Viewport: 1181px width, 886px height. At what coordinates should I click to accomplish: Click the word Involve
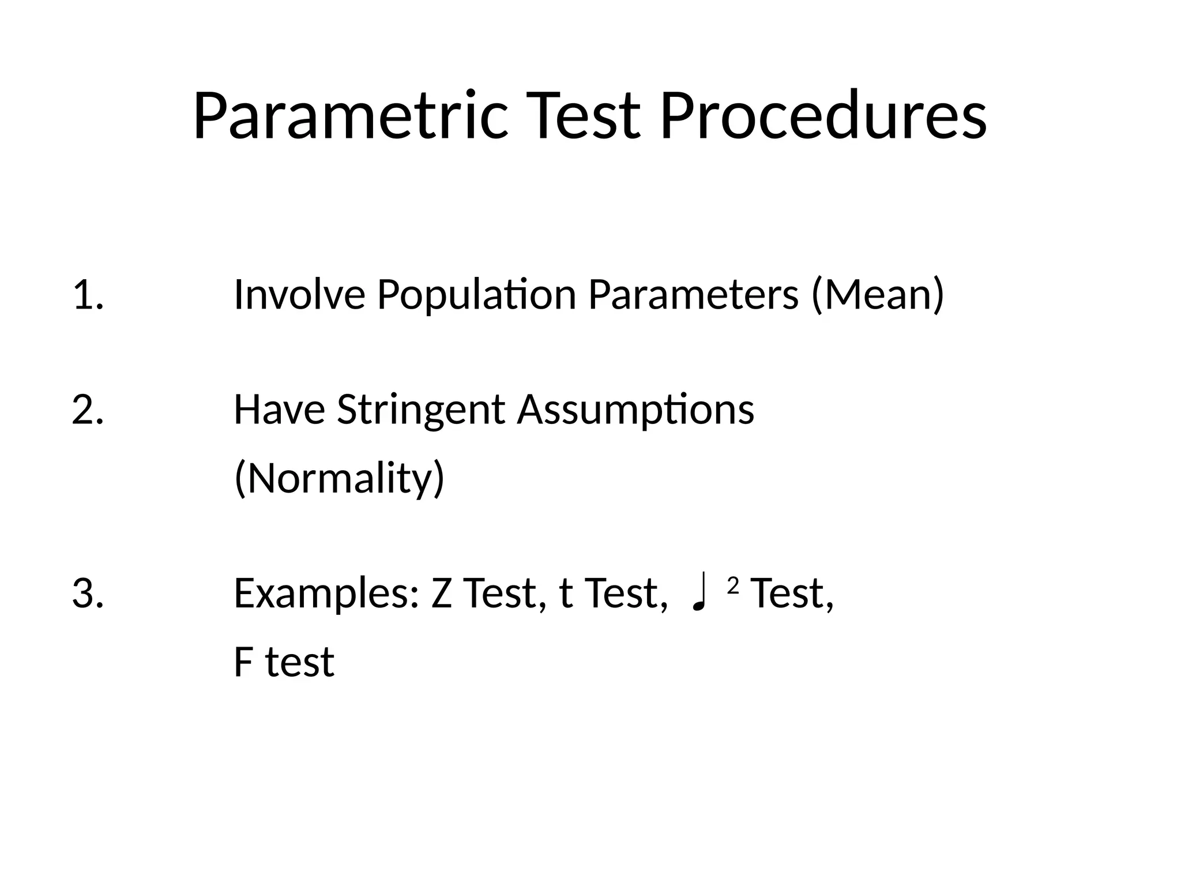tap(299, 294)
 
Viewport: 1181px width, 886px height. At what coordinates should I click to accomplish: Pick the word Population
tap(476, 295)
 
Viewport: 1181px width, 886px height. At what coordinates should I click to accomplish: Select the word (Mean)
tap(877, 295)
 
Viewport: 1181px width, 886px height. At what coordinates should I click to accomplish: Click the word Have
tap(279, 410)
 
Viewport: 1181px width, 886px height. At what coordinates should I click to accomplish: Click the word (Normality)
tap(339, 479)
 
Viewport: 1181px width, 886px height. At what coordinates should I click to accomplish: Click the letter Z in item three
tap(442, 594)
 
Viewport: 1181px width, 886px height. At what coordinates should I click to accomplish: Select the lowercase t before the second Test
tap(566, 594)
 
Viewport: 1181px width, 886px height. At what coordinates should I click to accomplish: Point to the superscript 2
tap(733, 585)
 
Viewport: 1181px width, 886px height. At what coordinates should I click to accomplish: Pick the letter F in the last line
tap(243, 662)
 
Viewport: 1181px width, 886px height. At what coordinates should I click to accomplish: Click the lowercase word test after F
tap(299, 662)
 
